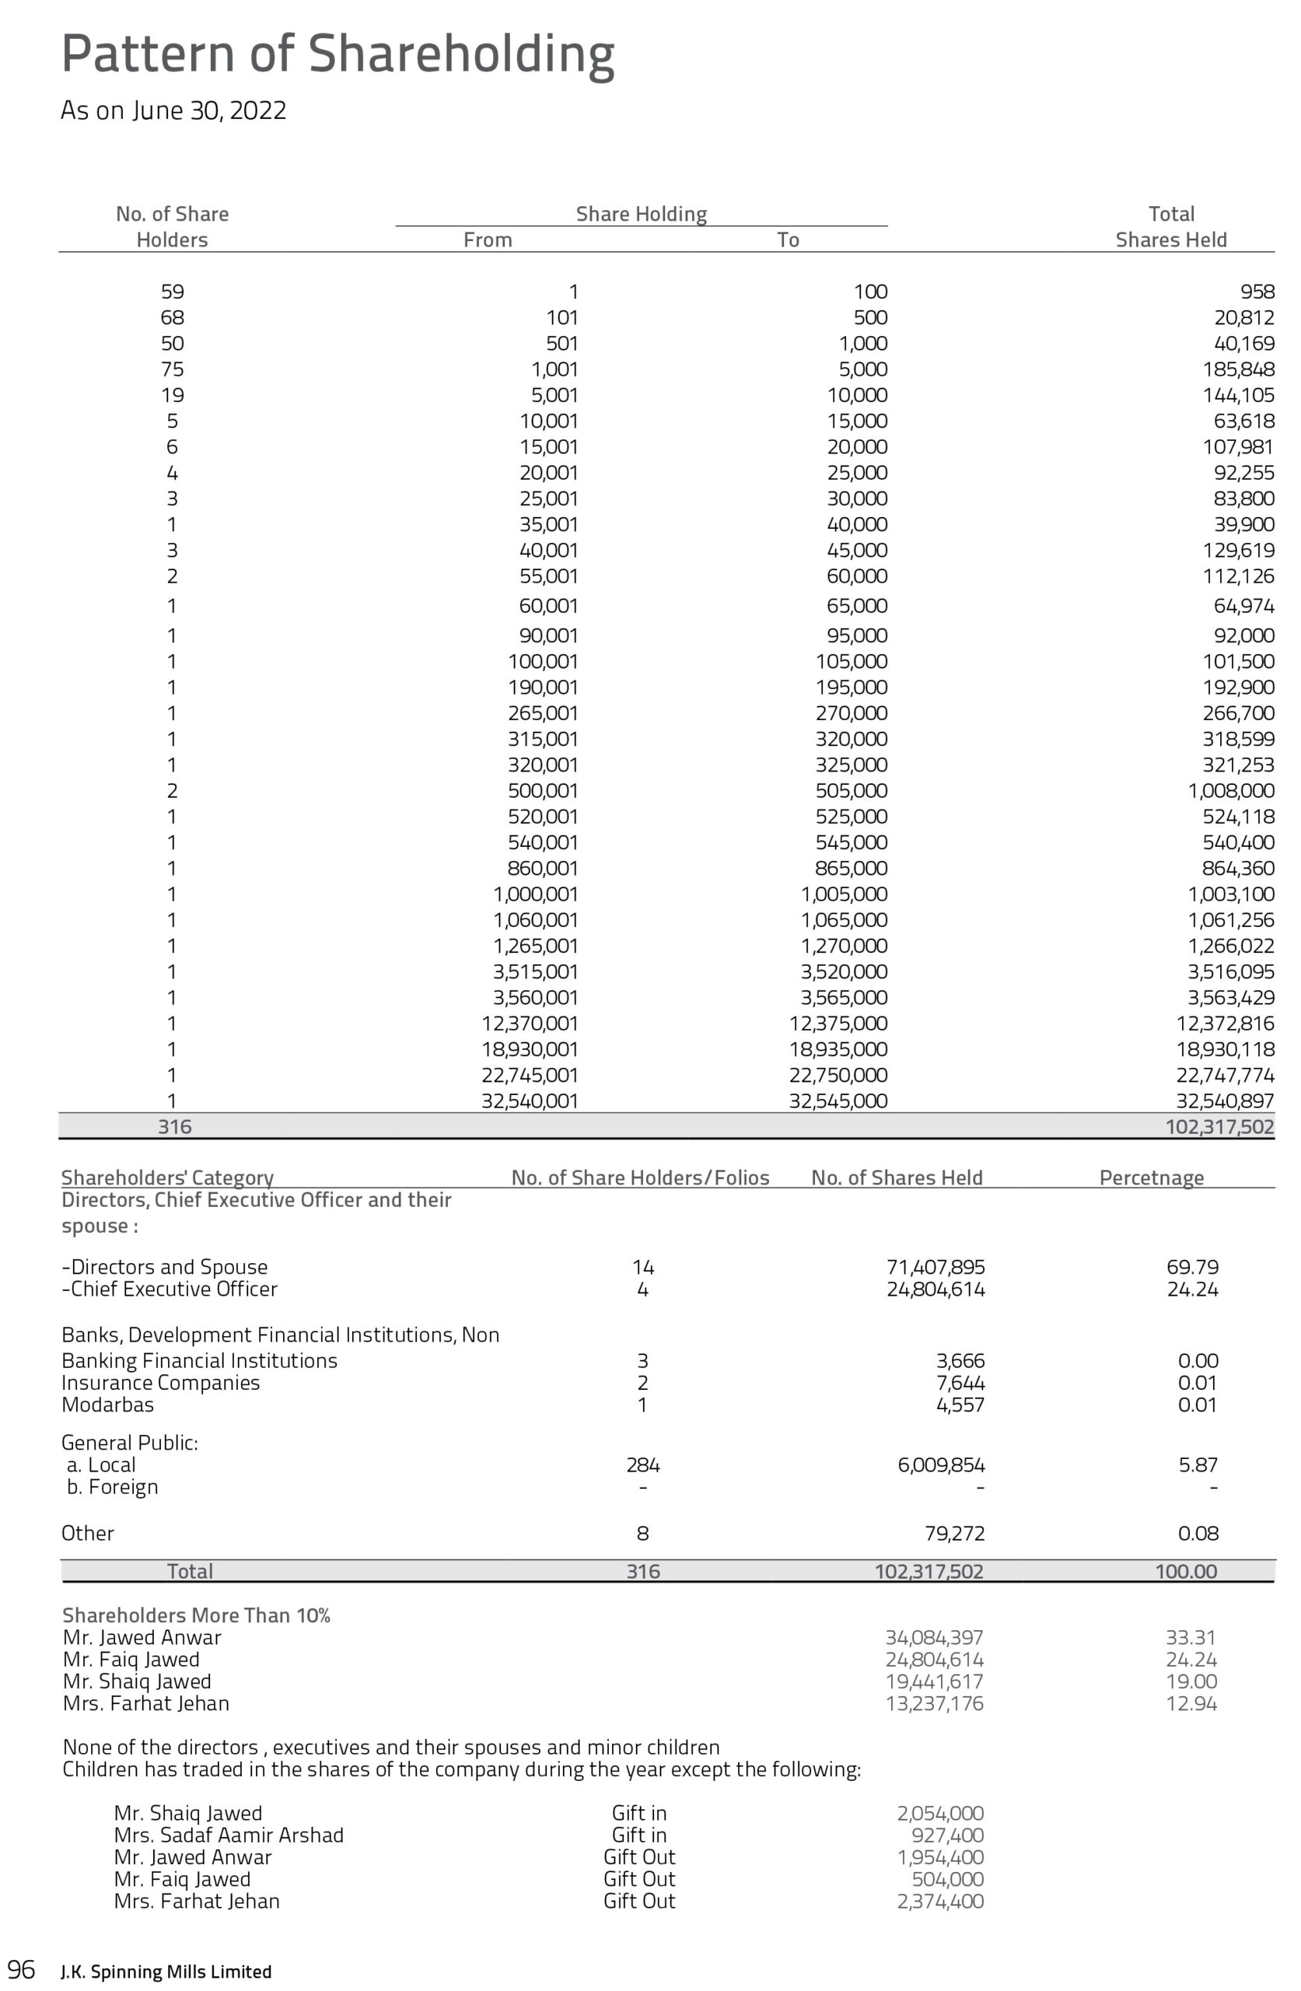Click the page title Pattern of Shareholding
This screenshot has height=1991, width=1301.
click(x=337, y=54)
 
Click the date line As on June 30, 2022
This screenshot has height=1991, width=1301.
click(x=173, y=110)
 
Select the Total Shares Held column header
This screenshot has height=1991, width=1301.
click(x=1170, y=226)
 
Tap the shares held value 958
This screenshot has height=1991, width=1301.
click(x=1257, y=292)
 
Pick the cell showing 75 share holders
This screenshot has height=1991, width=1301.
click(x=173, y=369)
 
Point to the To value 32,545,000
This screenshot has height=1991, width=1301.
click(x=838, y=1102)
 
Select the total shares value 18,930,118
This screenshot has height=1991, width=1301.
click(x=1224, y=1050)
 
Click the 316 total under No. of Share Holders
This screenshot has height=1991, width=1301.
click(x=175, y=1128)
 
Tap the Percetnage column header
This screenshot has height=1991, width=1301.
click(x=1151, y=1177)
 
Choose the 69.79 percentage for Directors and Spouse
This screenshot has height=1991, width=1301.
click(x=1192, y=1268)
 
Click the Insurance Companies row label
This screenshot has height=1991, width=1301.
click(x=161, y=1383)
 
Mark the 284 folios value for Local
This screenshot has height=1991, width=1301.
click(x=642, y=1464)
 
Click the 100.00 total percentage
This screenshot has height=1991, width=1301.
click(x=1186, y=1571)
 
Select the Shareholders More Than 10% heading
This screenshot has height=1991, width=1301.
click(x=197, y=1615)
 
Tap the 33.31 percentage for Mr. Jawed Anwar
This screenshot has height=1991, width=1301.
click(x=1191, y=1638)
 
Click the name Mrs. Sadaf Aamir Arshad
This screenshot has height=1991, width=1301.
click(x=229, y=1835)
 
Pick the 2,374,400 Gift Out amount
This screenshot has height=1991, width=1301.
click(x=939, y=1901)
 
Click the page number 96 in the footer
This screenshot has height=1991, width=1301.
click(x=22, y=1970)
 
